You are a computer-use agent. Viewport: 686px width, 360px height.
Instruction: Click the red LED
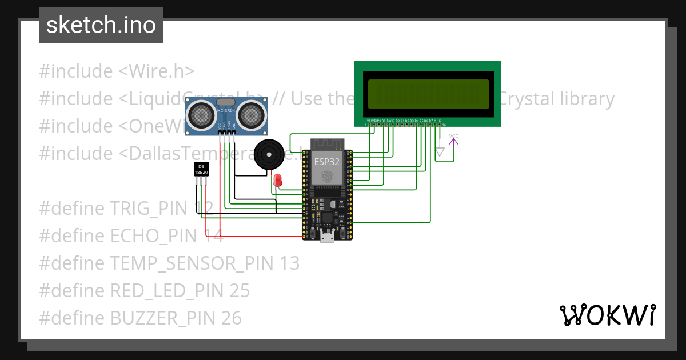tap(278, 180)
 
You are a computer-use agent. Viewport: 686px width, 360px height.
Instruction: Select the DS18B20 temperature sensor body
tap(201, 169)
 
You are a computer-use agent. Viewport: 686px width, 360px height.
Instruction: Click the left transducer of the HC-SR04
tap(200, 115)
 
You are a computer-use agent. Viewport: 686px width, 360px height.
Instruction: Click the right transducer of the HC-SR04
tap(252, 115)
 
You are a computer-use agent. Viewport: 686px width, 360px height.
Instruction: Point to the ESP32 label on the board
tap(327, 162)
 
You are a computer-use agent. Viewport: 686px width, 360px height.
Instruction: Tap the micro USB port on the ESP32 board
tap(327, 237)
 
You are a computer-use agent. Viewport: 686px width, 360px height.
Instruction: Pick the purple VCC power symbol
tap(453, 139)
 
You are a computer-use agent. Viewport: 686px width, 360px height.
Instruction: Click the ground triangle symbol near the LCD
tap(440, 152)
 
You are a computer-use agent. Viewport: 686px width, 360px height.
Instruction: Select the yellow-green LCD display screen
tap(428, 94)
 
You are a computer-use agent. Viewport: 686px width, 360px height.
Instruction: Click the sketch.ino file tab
tap(101, 25)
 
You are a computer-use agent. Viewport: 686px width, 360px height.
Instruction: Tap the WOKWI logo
tap(607, 315)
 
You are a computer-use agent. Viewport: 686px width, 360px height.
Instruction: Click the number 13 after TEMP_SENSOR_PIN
tap(290, 263)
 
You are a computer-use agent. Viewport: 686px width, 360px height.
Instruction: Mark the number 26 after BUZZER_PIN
tap(232, 318)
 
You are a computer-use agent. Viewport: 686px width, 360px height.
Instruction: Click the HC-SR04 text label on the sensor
tap(226, 110)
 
